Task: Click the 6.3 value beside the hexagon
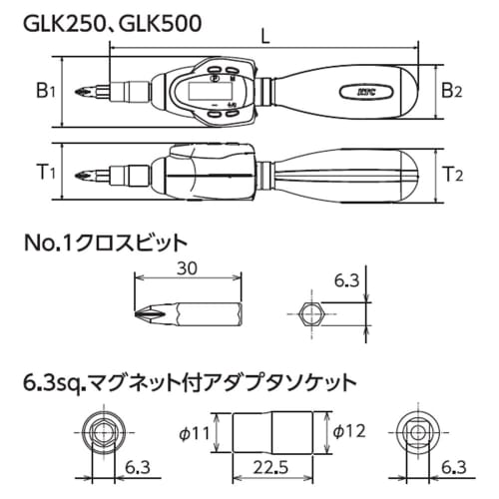click(344, 281)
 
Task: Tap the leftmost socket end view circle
click(102, 432)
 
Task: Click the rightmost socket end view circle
click(415, 432)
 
